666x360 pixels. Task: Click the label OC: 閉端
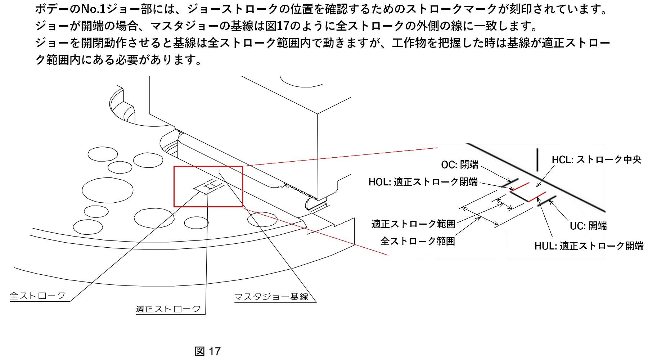coord(460,165)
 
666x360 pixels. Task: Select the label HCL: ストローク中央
coord(597,159)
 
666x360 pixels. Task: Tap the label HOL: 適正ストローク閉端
coord(423,182)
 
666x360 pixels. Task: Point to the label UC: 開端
coord(588,226)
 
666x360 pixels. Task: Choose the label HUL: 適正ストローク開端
coord(589,246)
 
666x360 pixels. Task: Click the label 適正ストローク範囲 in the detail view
coord(413,224)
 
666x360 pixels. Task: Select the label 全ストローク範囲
coord(418,241)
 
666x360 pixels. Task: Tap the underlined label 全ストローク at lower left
coord(37,296)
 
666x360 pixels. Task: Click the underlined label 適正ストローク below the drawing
coord(168,309)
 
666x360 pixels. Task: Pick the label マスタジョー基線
coord(271,297)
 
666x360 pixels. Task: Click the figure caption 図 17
coord(207,351)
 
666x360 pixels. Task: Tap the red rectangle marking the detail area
coord(208,167)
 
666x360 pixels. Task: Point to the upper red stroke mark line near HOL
coord(519,188)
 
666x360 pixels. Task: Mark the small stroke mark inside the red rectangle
coord(209,186)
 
